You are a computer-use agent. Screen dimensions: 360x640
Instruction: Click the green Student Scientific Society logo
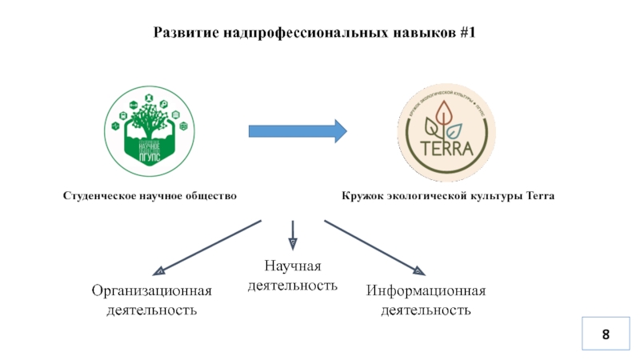point(150,133)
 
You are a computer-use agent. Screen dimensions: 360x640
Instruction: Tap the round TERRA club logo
point(446,133)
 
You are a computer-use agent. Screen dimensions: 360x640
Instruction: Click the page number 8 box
point(606,334)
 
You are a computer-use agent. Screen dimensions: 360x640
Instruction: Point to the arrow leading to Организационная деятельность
point(209,246)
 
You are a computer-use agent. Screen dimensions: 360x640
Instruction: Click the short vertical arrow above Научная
point(292,233)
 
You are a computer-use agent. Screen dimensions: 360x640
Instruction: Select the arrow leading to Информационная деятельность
point(374,246)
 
